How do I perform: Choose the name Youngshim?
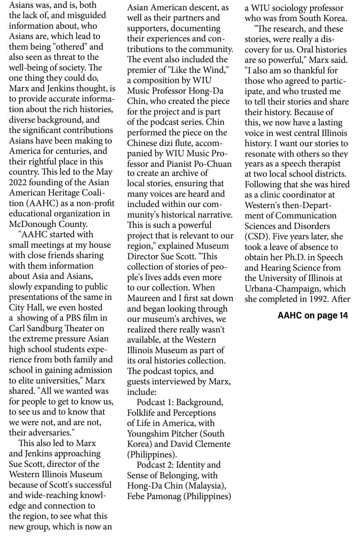click(144, 434)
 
